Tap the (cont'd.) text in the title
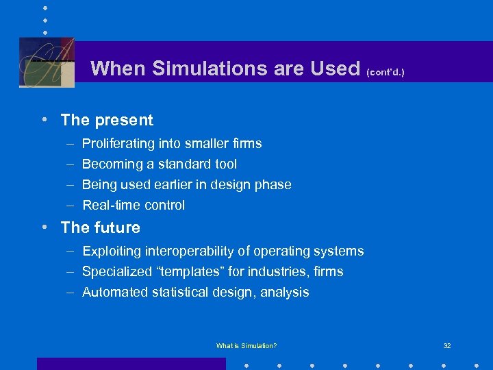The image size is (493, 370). tap(385, 71)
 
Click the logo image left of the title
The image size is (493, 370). tap(47, 62)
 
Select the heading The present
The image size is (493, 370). tap(107, 120)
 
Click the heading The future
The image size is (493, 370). tap(100, 227)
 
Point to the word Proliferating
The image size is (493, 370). tap(120, 144)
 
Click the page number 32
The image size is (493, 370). tap(447, 345)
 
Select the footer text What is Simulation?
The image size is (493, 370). tap(246, 345)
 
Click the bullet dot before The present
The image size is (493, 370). tap(44, 119)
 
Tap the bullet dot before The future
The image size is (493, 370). tap(44, 227)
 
